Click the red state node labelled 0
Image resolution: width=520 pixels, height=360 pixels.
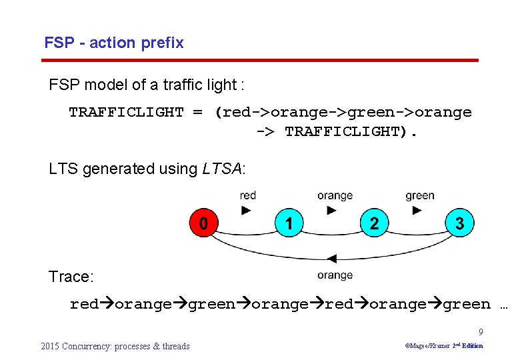(203, 223)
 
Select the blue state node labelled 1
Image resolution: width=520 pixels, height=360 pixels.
(289, 223)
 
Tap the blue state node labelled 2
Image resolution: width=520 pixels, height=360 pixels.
(374, 223)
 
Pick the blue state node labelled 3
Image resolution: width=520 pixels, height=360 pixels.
(459, 223)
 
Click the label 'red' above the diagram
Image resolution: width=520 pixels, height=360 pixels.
(247, 195)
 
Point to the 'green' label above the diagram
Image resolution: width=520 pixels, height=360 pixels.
(419, 195)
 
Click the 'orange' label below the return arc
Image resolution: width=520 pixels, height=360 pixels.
(335, 275)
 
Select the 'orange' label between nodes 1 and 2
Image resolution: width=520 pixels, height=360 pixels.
(335, 195)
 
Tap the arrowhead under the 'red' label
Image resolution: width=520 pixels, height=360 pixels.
(247, 210)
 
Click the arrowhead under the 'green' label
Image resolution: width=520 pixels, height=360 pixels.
(417, 210)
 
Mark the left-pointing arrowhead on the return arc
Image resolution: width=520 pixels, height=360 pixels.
(331, 259)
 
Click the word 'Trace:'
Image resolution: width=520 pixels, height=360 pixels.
(70, 277)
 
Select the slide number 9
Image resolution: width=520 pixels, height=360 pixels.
(481, 332)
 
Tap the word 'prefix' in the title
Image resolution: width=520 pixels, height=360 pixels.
(163, 43)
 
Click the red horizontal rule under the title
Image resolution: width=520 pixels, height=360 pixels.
(260, 61)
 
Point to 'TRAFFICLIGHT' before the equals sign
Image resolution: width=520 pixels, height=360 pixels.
(126, 112)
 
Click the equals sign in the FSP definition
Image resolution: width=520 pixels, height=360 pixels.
(198, 112)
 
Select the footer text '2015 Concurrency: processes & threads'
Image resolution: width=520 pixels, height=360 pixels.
(115, 346)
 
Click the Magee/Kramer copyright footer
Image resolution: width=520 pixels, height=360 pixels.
(444, 346)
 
